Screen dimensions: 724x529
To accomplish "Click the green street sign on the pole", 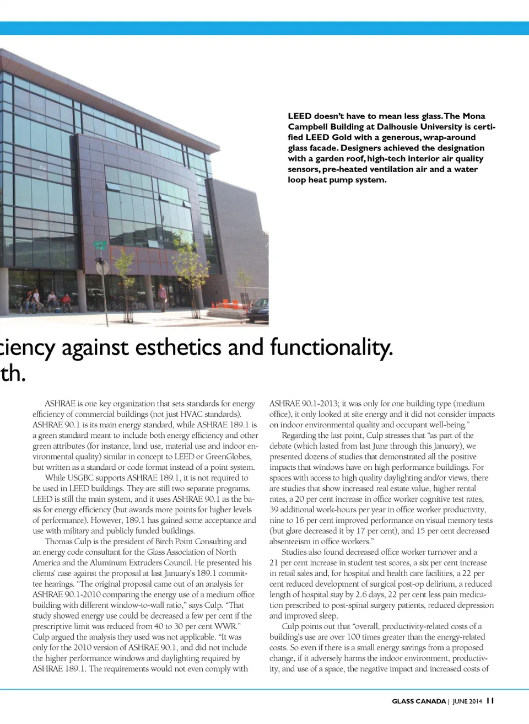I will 100,245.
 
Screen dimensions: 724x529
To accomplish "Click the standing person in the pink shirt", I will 163,296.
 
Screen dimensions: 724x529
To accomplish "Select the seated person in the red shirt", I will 66,301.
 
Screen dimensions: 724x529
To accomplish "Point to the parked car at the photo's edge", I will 258,310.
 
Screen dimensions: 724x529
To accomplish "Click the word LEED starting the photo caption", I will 299,116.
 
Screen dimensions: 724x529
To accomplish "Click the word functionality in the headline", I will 331,347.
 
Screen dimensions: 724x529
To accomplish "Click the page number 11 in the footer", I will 490,701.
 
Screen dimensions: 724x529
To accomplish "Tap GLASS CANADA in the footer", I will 419,701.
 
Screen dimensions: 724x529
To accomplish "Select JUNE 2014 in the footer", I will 467,701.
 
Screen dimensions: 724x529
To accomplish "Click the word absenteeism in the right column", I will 290,541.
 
